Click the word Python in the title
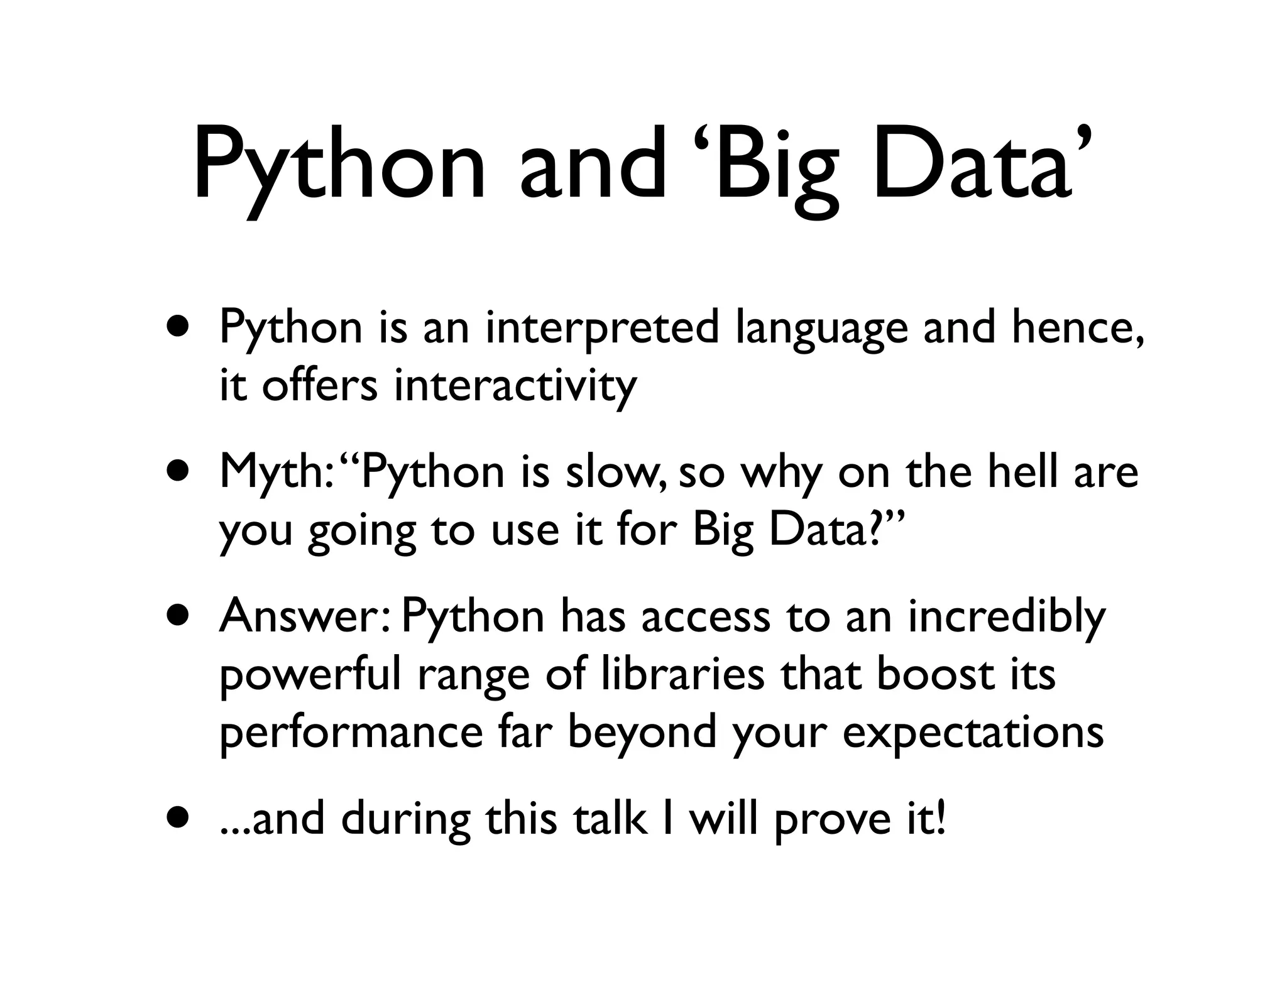pos(339,167)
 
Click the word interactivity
pos(515,386)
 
